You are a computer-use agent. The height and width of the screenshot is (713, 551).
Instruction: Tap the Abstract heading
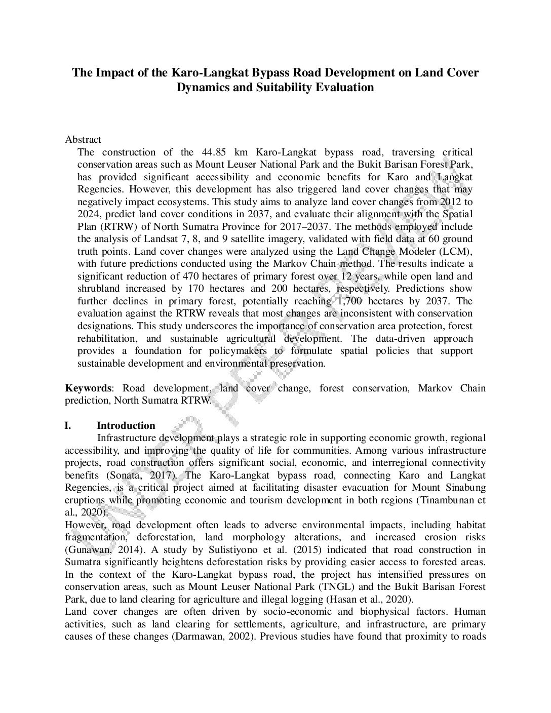click(x=83, y=139)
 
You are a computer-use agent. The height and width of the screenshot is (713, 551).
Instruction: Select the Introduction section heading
click(x=126, y=425)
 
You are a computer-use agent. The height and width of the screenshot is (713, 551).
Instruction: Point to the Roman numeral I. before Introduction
click(x=68, y=425)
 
